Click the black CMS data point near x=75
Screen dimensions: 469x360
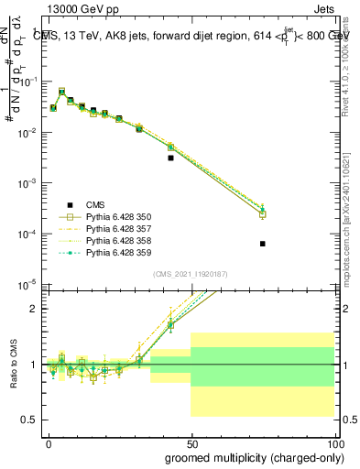tap(263, 244)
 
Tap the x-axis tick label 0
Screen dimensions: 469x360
tap(49, 443)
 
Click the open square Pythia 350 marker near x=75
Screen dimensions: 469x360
tap(263, 214)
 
